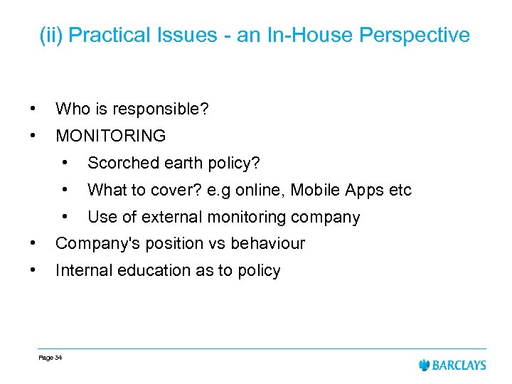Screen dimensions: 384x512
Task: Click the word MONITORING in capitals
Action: (110, 136)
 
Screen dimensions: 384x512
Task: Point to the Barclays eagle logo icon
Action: (425, 365)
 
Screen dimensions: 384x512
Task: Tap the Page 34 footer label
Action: (50, 358)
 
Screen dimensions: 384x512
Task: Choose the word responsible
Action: (169, 110)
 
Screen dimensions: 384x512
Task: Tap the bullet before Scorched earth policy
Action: (65, 162)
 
